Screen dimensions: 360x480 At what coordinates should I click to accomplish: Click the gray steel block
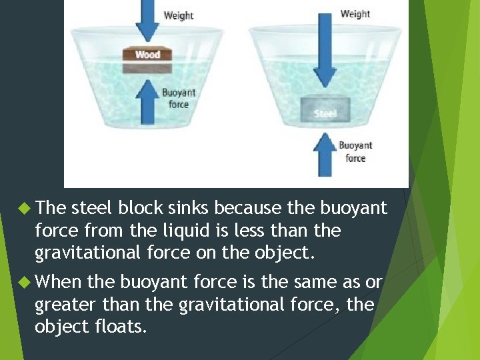coord(325,110)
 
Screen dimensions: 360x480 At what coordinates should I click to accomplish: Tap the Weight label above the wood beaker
coord(178,15)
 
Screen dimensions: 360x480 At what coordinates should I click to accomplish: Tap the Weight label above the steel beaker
coord(355,14)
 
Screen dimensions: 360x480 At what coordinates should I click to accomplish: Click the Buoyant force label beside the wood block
coord(179,98)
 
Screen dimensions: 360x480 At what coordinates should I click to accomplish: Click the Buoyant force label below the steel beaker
coord(355,151)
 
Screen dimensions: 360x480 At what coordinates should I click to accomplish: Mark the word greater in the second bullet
coord(65,305)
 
